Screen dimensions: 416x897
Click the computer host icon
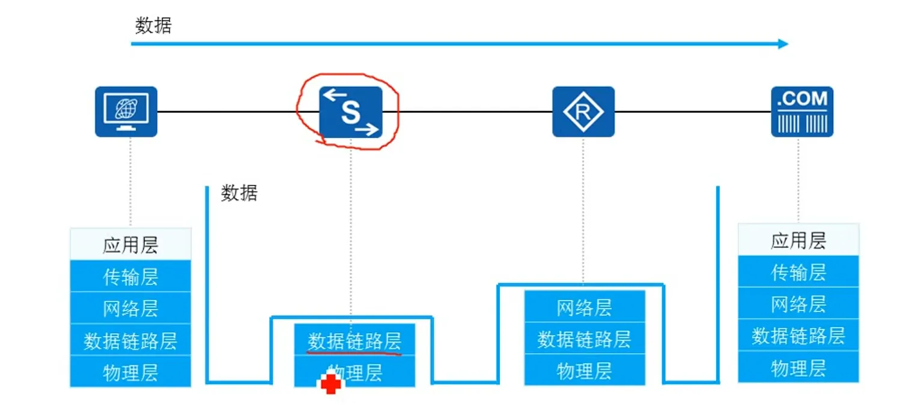[x=126, y=112]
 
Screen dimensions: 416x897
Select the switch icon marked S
[x=351, y=112]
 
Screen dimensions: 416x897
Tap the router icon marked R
[x=583, y=112]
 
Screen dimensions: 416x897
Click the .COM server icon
[x=802, y=112]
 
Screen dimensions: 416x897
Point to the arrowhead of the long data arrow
[x=783, y=44]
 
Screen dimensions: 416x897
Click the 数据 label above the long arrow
[x=153, y=26]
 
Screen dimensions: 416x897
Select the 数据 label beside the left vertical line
[x=239, y=193]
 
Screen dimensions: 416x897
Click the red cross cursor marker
[x=330, y=384]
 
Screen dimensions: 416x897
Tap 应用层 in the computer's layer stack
[x=130, y=245]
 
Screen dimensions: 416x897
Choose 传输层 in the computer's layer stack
[x=130, y=277]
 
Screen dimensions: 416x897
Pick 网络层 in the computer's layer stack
[x=130, y=309]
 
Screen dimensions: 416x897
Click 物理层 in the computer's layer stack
[x=130, y=373]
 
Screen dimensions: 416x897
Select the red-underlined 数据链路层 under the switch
[x=354, y=341]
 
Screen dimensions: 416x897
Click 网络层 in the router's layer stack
[x=584, y=308]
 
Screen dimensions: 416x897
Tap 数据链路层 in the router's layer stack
[x=584, y=340]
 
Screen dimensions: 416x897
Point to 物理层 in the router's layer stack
[x=584, y=371]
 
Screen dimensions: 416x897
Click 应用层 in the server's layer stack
[x=798, y=241]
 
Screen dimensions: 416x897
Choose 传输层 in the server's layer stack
[x=798, y=273]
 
